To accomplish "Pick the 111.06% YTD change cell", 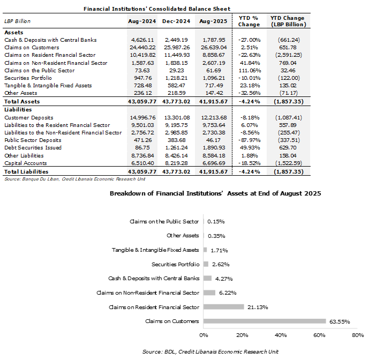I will point(248,70).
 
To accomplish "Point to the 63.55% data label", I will point(339,321).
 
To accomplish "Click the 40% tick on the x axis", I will point(281,335).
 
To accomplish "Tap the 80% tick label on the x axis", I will point(357,335).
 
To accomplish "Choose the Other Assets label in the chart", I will point(183,236).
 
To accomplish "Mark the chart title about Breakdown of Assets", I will point(215,193).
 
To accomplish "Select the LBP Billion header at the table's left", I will point(17,21).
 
